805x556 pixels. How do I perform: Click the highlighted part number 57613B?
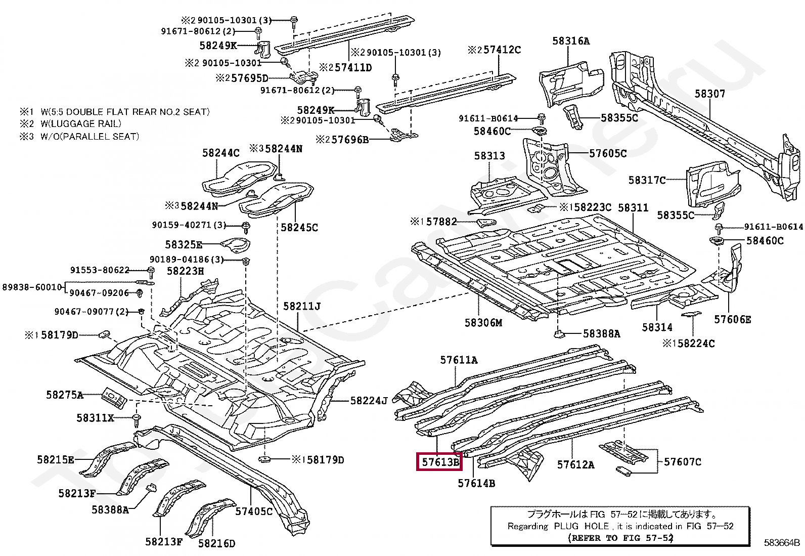tap(439, 462)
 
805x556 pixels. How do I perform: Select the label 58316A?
tap(571, 41)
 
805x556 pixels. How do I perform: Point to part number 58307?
tap(709, 94)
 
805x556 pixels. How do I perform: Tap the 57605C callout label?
tap(608, 153)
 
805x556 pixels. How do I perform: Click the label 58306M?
tap(483, 323)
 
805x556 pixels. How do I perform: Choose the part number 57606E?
tap(732, 319)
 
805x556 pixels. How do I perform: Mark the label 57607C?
tap(683, 461)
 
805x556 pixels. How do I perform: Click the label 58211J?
tap(302, 306)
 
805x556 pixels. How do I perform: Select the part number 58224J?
tap(369, 401)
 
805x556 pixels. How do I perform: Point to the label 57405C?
tap(254, 511)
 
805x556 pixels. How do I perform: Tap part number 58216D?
tap(216, 543)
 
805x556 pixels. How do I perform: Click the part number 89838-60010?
tap(32, 287)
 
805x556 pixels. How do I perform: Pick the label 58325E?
tap(184, 245)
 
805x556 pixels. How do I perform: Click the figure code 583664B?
tap(781, 543)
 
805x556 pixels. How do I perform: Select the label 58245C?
tap(299, 228)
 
